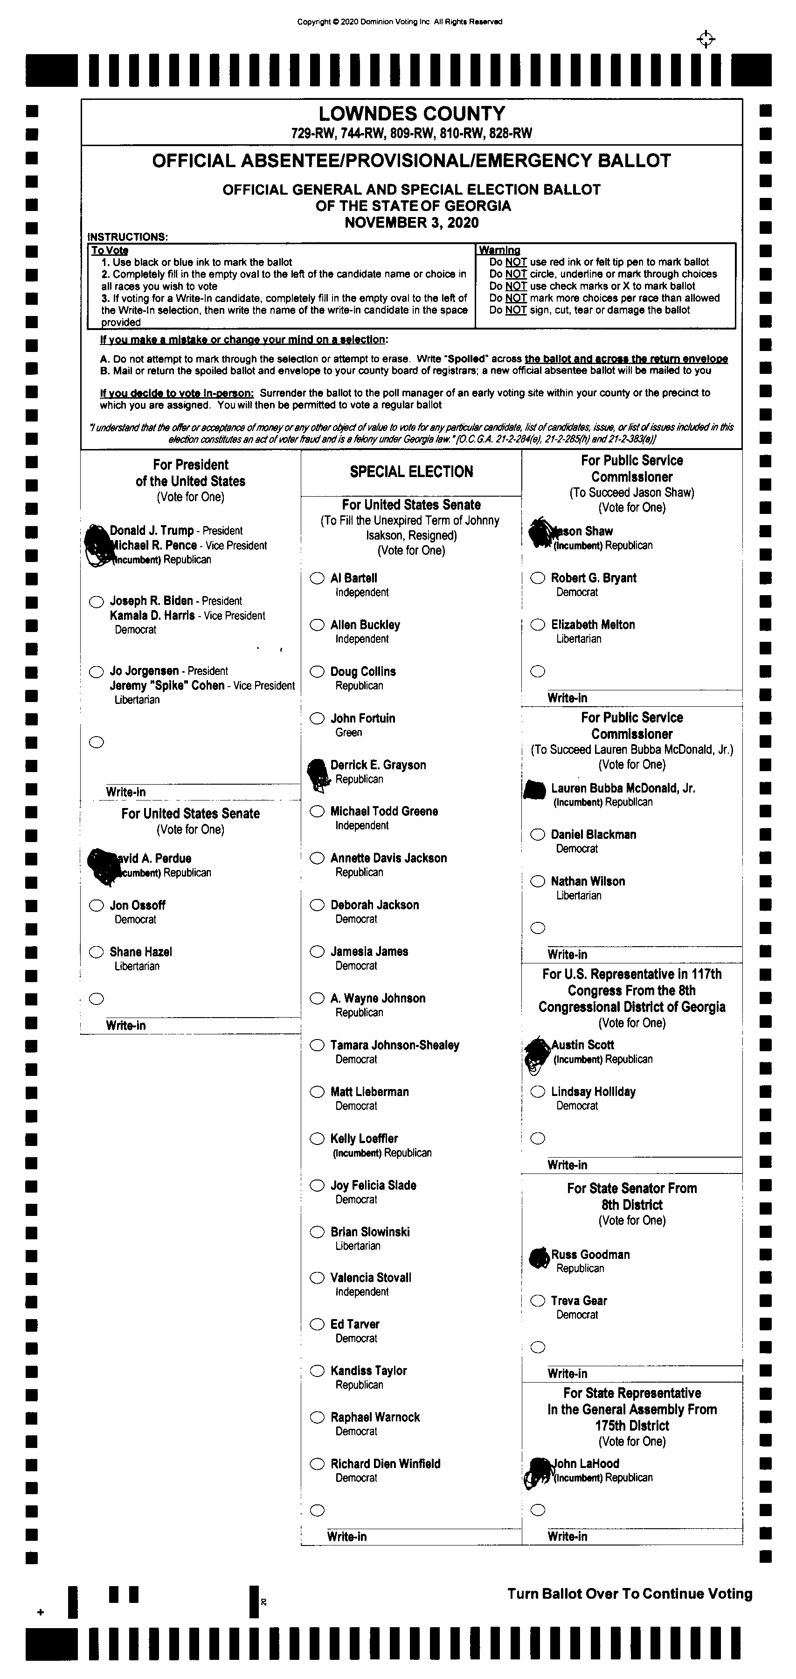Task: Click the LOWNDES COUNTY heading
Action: pos(412,114)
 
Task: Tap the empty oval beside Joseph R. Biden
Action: pos(97,602)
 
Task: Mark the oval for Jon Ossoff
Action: pos(97,906)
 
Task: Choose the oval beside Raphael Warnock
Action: pos(317,1417)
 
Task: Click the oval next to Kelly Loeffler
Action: pos(317,1138)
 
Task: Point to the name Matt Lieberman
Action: pos(369,1092)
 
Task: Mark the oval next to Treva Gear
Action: pos(537,1301)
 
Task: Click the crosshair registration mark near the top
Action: pos(706,40)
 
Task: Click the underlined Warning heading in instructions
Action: pos(499,250)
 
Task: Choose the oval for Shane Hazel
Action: pos(97,952)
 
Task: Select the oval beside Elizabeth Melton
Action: pos(537,625)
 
